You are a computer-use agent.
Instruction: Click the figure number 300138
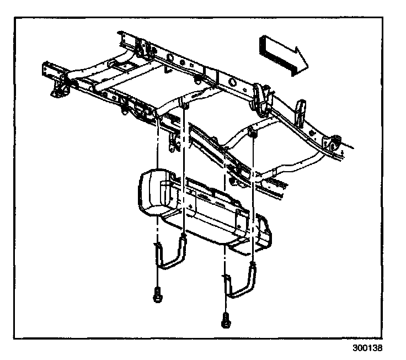click(367, 349)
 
